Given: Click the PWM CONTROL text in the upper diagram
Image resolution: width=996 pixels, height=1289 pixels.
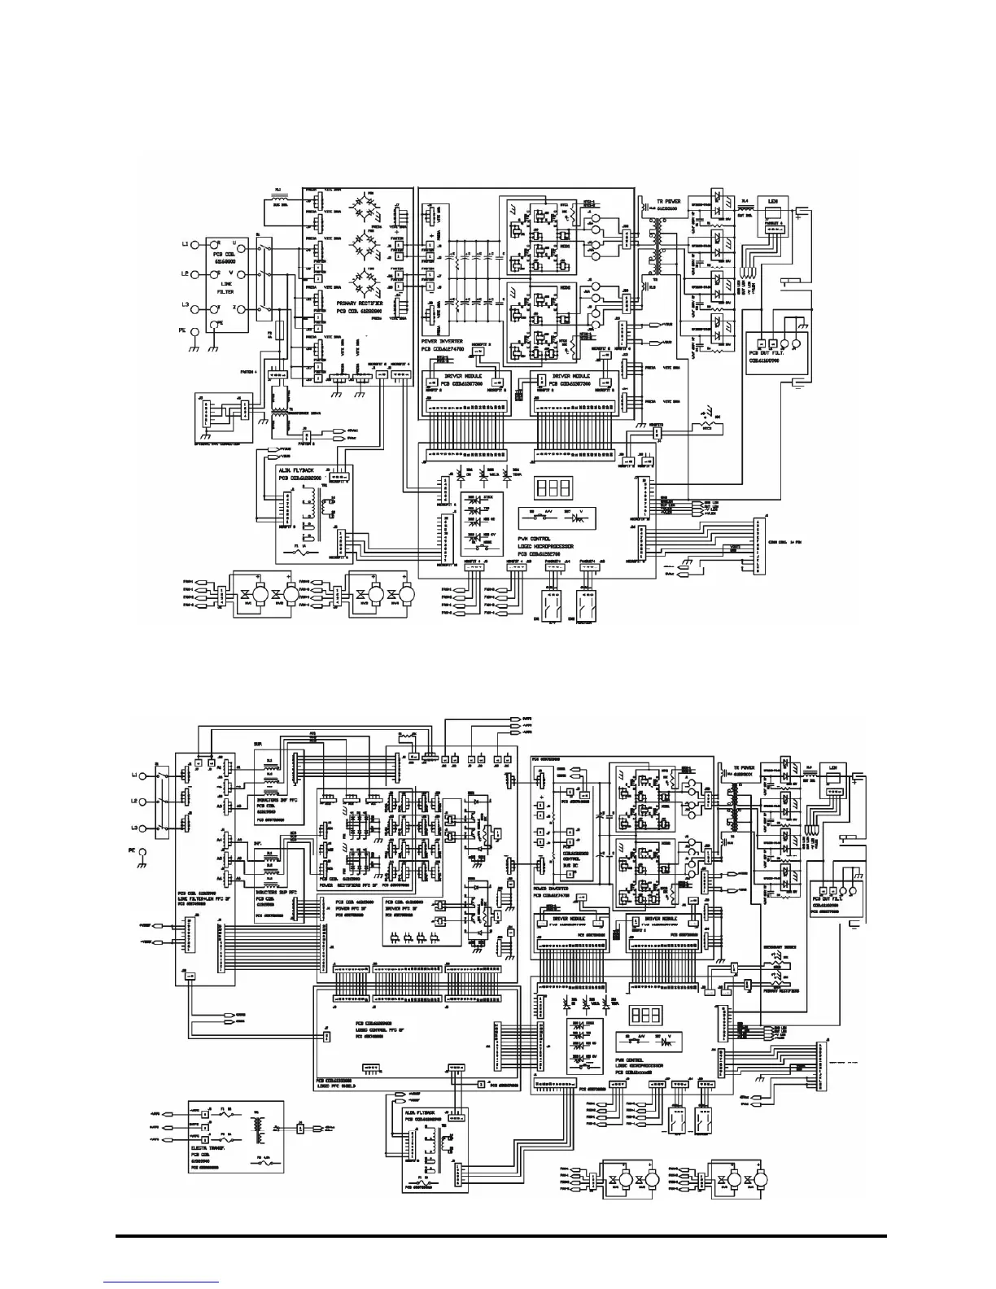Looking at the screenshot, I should [x=535, y=539].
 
